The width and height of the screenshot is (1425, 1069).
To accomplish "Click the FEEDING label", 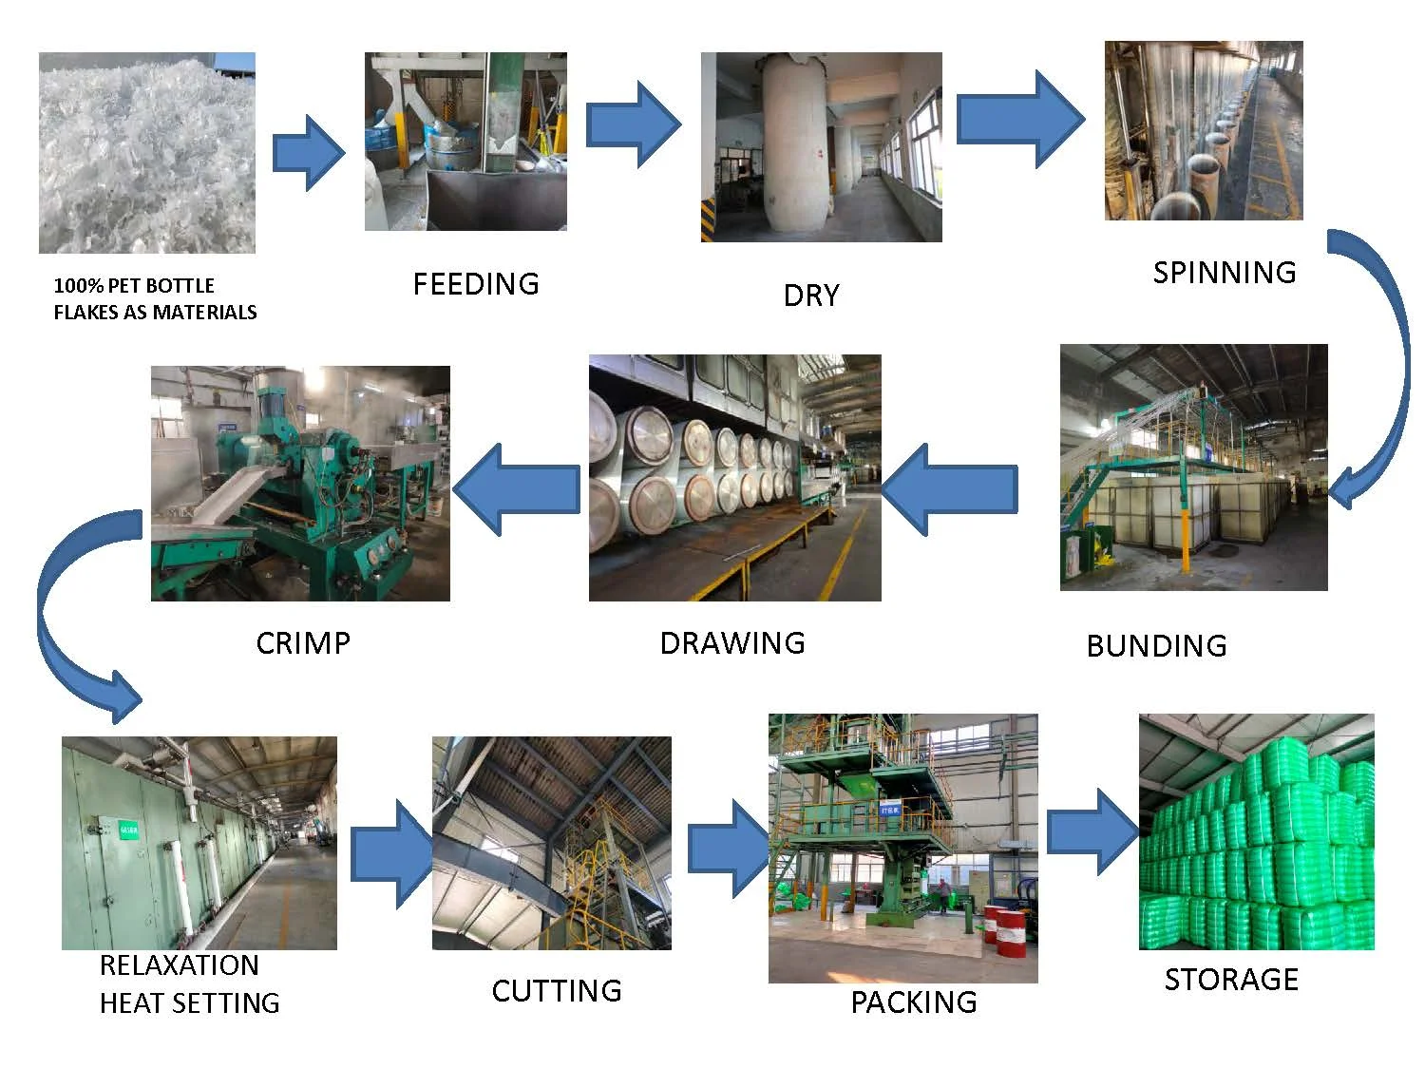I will tap(475, 284).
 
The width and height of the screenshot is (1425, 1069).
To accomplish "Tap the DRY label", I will tap(811, 296).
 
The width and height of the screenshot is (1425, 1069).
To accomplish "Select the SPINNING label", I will tap(1224, 273).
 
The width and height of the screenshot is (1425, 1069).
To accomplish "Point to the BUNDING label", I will tap(1156, 646).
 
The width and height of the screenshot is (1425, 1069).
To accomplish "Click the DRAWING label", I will tap(731, 643).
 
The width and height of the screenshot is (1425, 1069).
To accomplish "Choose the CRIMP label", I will tap(303, 643).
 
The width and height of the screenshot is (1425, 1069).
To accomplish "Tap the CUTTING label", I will tap(556, 991).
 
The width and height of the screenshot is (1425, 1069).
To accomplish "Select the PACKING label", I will tap(913, 1002).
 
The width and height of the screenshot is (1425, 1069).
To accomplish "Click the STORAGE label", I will tap(1231, 980).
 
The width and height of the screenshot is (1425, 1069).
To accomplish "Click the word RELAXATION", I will tap(179, 965).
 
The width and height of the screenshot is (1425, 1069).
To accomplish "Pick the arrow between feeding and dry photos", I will tap(633, 124).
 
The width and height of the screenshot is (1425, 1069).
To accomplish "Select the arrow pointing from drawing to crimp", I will tap(518, 488).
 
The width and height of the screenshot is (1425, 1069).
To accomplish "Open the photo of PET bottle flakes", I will tap(147, 153).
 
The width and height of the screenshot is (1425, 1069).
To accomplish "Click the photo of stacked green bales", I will tap(1256, 831).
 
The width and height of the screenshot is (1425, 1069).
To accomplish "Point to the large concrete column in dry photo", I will tap(794, 143).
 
